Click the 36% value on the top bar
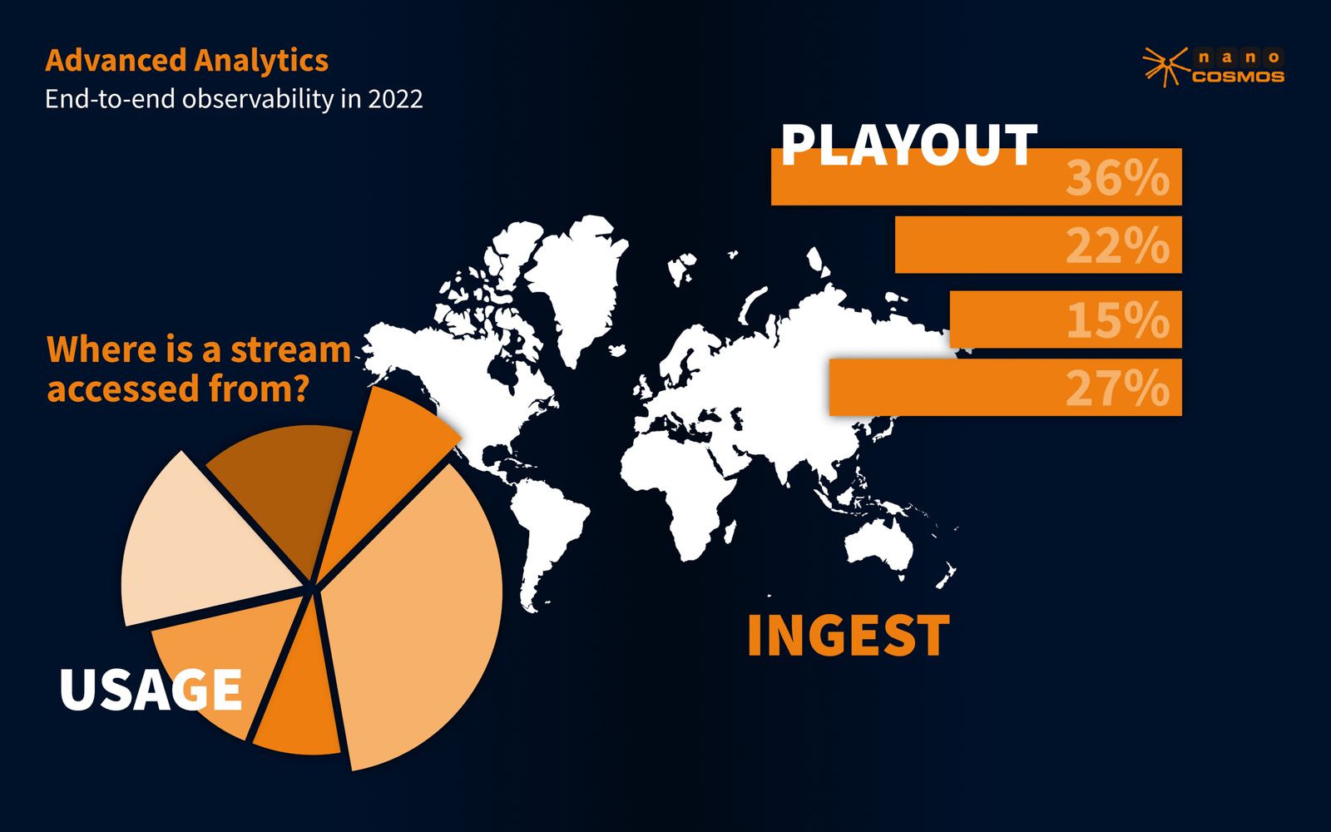coord(1118,177)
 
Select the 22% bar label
coord(1118,245)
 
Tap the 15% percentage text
coord(1118,319)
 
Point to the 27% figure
coord(1118,388)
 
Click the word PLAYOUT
coord(909,145)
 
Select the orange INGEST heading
coord(849,636)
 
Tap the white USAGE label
coord(151,690)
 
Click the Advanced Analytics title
coord(186,60)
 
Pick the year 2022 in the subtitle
coord(395,99)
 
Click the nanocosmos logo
coord(1214,67)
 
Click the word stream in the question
coord(290,349)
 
